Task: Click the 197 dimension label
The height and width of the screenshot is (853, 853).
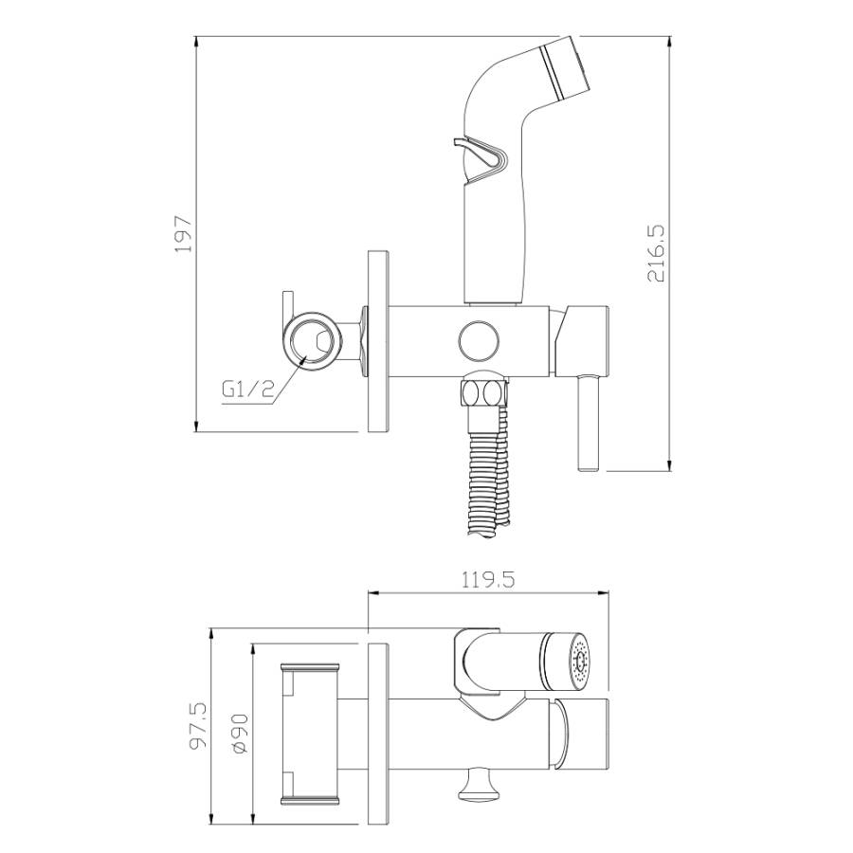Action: click(184, 233)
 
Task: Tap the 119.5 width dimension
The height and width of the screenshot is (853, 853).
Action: click(488, 580)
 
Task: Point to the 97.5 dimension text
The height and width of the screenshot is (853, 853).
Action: click(198, 725)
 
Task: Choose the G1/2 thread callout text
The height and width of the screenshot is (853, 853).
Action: click(247, 390)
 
